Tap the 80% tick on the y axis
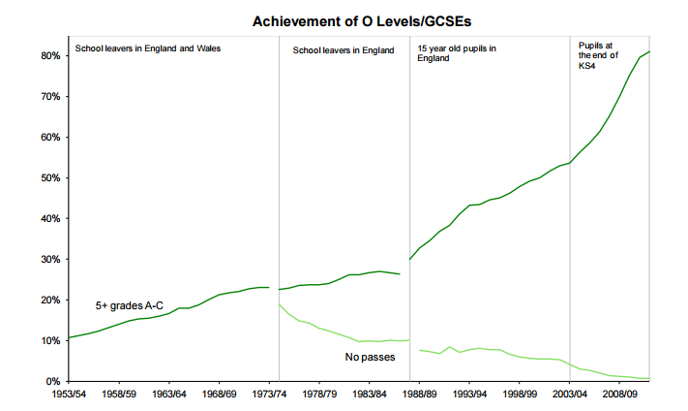48,56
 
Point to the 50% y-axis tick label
48,178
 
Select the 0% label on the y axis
51,381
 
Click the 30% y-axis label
48,260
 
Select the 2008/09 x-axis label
621,395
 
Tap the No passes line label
368,358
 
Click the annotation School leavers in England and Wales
148,48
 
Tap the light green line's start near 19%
280,304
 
